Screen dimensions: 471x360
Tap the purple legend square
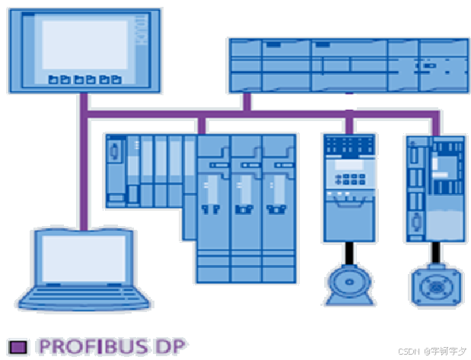18,346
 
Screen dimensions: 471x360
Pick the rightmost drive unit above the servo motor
435,186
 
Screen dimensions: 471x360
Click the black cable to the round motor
349,253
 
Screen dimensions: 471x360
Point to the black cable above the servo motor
435,253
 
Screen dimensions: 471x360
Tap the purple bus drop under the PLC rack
247,103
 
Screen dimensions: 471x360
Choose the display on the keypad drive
349,164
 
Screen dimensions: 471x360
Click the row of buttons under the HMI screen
84,78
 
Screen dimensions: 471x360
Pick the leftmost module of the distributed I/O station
116,169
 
